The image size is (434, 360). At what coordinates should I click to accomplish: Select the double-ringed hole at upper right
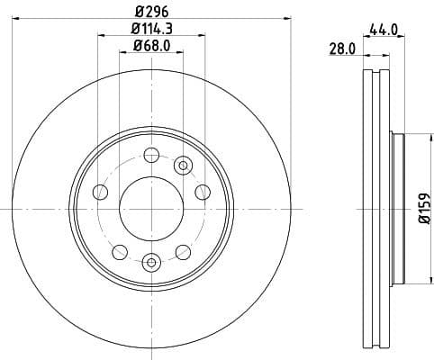pos(184,164)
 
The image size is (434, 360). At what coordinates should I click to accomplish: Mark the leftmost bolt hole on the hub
pos(101,193)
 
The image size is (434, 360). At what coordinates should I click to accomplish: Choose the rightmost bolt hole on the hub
pos(203,193)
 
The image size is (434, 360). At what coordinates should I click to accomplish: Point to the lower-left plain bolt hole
pos(119,251)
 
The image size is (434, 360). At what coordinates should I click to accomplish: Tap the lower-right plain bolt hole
pos(183,251)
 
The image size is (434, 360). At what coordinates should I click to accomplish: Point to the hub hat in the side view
pos(398,209)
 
